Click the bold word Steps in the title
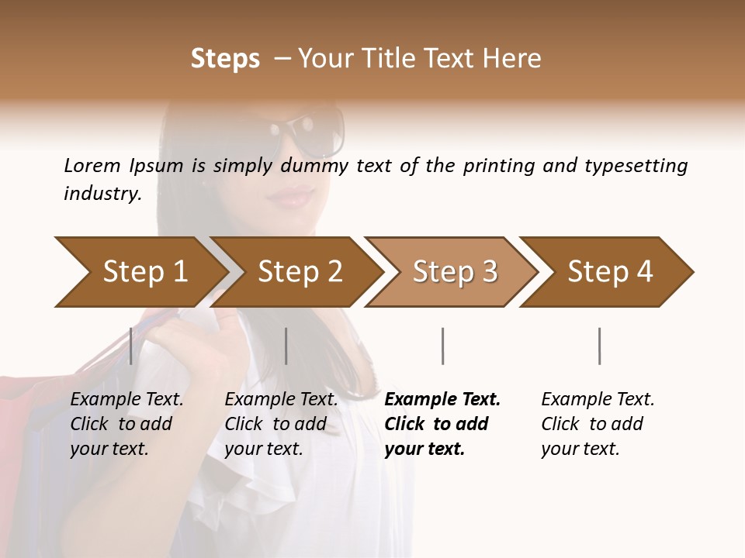[x=225, y=59]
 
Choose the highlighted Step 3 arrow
[x=455, y=272]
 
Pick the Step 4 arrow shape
[x=610, y=272]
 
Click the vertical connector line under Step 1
[x=131, y=346]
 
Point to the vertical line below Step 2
[x=286, y=346]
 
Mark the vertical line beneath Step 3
[x=443, y=346]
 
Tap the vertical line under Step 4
[x=600, y=346]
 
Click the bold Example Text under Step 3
[x=442, y=423]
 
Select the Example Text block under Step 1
[x=126, y=423]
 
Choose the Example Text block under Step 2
[x=281, y=423]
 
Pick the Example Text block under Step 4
[x=598, y=423]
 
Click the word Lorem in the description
[x=92, y=165]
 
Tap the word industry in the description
[x=102, y=194]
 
